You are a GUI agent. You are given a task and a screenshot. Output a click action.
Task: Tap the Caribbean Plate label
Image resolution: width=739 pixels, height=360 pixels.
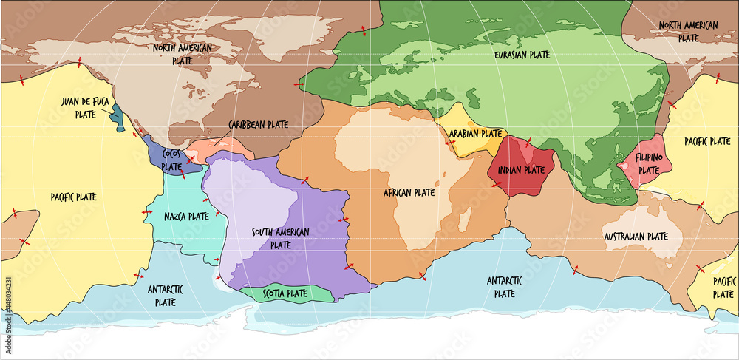click(258, 125)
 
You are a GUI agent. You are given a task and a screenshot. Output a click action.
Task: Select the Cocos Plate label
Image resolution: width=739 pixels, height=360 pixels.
click(171, 160)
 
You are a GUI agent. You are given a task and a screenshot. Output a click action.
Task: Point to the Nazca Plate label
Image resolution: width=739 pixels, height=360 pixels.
click(186, 217)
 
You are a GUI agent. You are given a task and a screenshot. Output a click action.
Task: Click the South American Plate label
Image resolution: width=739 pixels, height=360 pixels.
click(281, 238)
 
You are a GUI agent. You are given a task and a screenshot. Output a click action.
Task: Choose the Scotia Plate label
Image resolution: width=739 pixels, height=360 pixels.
click(286, 293)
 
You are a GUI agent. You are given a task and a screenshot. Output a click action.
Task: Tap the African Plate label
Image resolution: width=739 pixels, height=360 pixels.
click(409, 193)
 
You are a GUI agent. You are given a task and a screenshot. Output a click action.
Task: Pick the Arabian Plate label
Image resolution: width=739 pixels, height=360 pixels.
click(475, 134)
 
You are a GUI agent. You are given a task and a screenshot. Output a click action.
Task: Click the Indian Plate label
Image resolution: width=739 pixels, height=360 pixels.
click(520, 169)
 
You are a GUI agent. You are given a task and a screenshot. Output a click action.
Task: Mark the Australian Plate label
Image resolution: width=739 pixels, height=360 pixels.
click(636, 237)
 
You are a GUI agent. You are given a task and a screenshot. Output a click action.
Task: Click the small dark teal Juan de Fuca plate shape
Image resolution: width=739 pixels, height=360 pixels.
click(116, 115)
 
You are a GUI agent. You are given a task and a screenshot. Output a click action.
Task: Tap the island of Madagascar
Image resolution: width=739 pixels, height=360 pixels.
click(465, 218)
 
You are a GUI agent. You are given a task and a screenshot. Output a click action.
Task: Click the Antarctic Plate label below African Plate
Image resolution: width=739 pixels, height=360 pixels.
click(505, 287)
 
